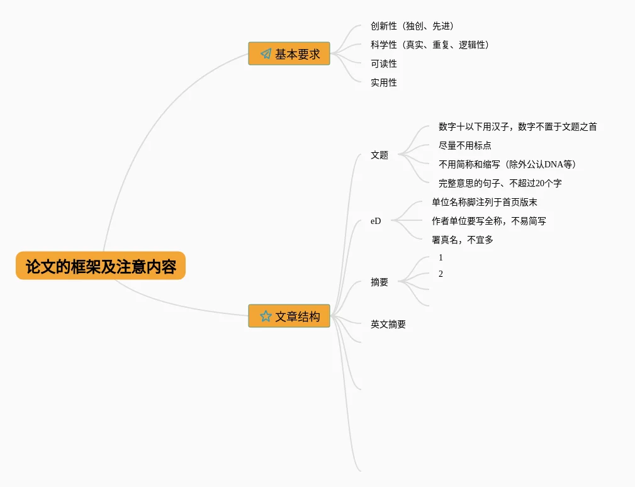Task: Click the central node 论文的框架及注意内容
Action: [x=101, y=266]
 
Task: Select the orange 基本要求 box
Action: [x=289, y=54]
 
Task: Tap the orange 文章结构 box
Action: [x=289, y=316]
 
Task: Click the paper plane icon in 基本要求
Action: [x=266, y=54]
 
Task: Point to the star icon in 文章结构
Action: [x=266, y=316]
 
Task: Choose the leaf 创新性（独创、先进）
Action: [x=412, y=26]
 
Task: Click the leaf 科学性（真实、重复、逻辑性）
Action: [x=430, y=45]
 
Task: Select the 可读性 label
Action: [x=384, y=64]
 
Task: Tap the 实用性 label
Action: [x=384, y=82]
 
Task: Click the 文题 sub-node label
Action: [x=379, y=155]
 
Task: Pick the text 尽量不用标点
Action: [x=464, y=145]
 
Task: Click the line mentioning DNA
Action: [x=507, y=164]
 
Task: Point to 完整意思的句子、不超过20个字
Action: [x=500, y=183]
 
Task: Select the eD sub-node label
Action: [x=376, y=221]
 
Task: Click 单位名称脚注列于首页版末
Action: [x=484, y=202]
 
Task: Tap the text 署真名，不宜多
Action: [x=462, y=240]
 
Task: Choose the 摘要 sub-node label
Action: [x=379, y=283]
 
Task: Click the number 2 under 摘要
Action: [x=441, y=274]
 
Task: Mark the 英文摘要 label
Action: [x=388, y=325]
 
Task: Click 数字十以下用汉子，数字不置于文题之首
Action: [x=517, y=126]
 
